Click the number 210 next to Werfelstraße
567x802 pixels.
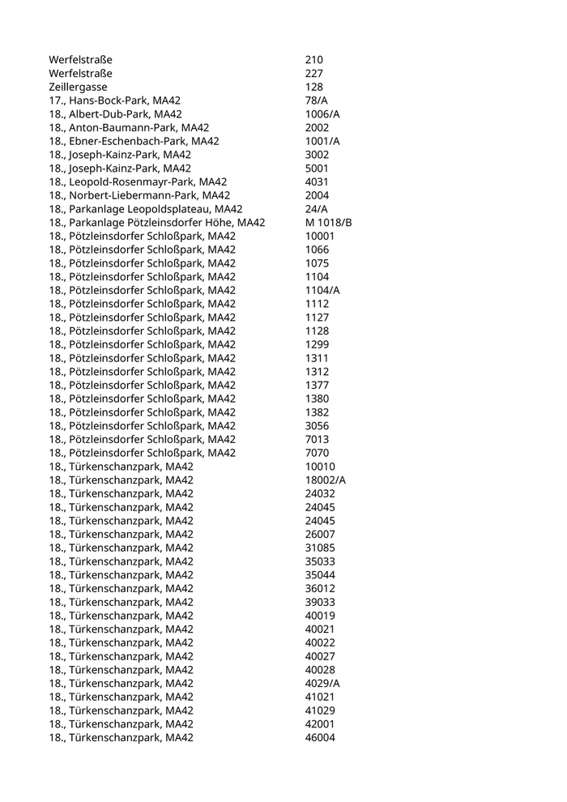313,60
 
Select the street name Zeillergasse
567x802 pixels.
78,87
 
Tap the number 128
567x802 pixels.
313,87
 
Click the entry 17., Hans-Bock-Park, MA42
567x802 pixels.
114,100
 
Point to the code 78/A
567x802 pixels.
317,100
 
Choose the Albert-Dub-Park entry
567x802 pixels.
115,114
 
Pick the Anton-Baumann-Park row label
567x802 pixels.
129,128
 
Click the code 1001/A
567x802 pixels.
322,141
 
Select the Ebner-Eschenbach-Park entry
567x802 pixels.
134,141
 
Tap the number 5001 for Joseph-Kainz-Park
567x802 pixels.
317,169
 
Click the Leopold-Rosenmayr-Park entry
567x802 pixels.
138,182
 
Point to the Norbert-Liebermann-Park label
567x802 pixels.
139,195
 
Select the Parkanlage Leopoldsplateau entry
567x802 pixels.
146,209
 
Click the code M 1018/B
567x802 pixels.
328,223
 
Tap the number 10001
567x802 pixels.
320,237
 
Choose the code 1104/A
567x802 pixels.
322,290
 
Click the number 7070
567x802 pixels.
317,453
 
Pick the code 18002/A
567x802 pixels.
326,480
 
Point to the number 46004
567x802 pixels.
320,737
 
